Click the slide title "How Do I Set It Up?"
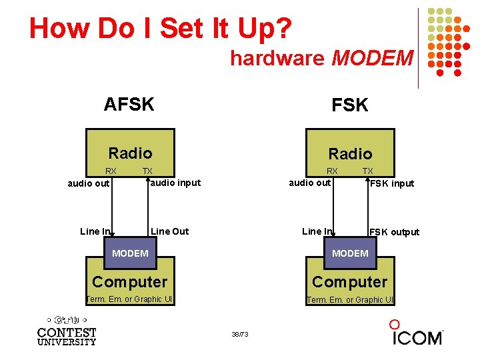click(x=160, y=28)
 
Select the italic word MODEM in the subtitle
click(x=372, y=58)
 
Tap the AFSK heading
click(x=129, y=104)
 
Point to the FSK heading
click(x=350, y=105)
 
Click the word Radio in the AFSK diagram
click(x=130, y=153)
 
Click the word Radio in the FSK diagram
click(x=350, y=154)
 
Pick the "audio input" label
click(x=175, y=183)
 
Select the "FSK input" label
click(x=392, y=183)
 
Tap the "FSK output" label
click(x=394, y=232)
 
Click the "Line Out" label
click(x=170, y=231)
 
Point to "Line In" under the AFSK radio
click(x=95, y=231)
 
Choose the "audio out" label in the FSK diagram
click(x=309, y=183)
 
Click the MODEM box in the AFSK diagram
click(x=130, y=253)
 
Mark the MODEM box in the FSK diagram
click(x=350, y=253)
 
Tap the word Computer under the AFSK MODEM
click(x=130, y=282)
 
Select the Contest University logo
click(x=67, y=331)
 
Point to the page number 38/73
click(x=239, y=334)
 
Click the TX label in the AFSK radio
click(x=147, y=171)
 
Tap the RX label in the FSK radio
click(x=332, y=171)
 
